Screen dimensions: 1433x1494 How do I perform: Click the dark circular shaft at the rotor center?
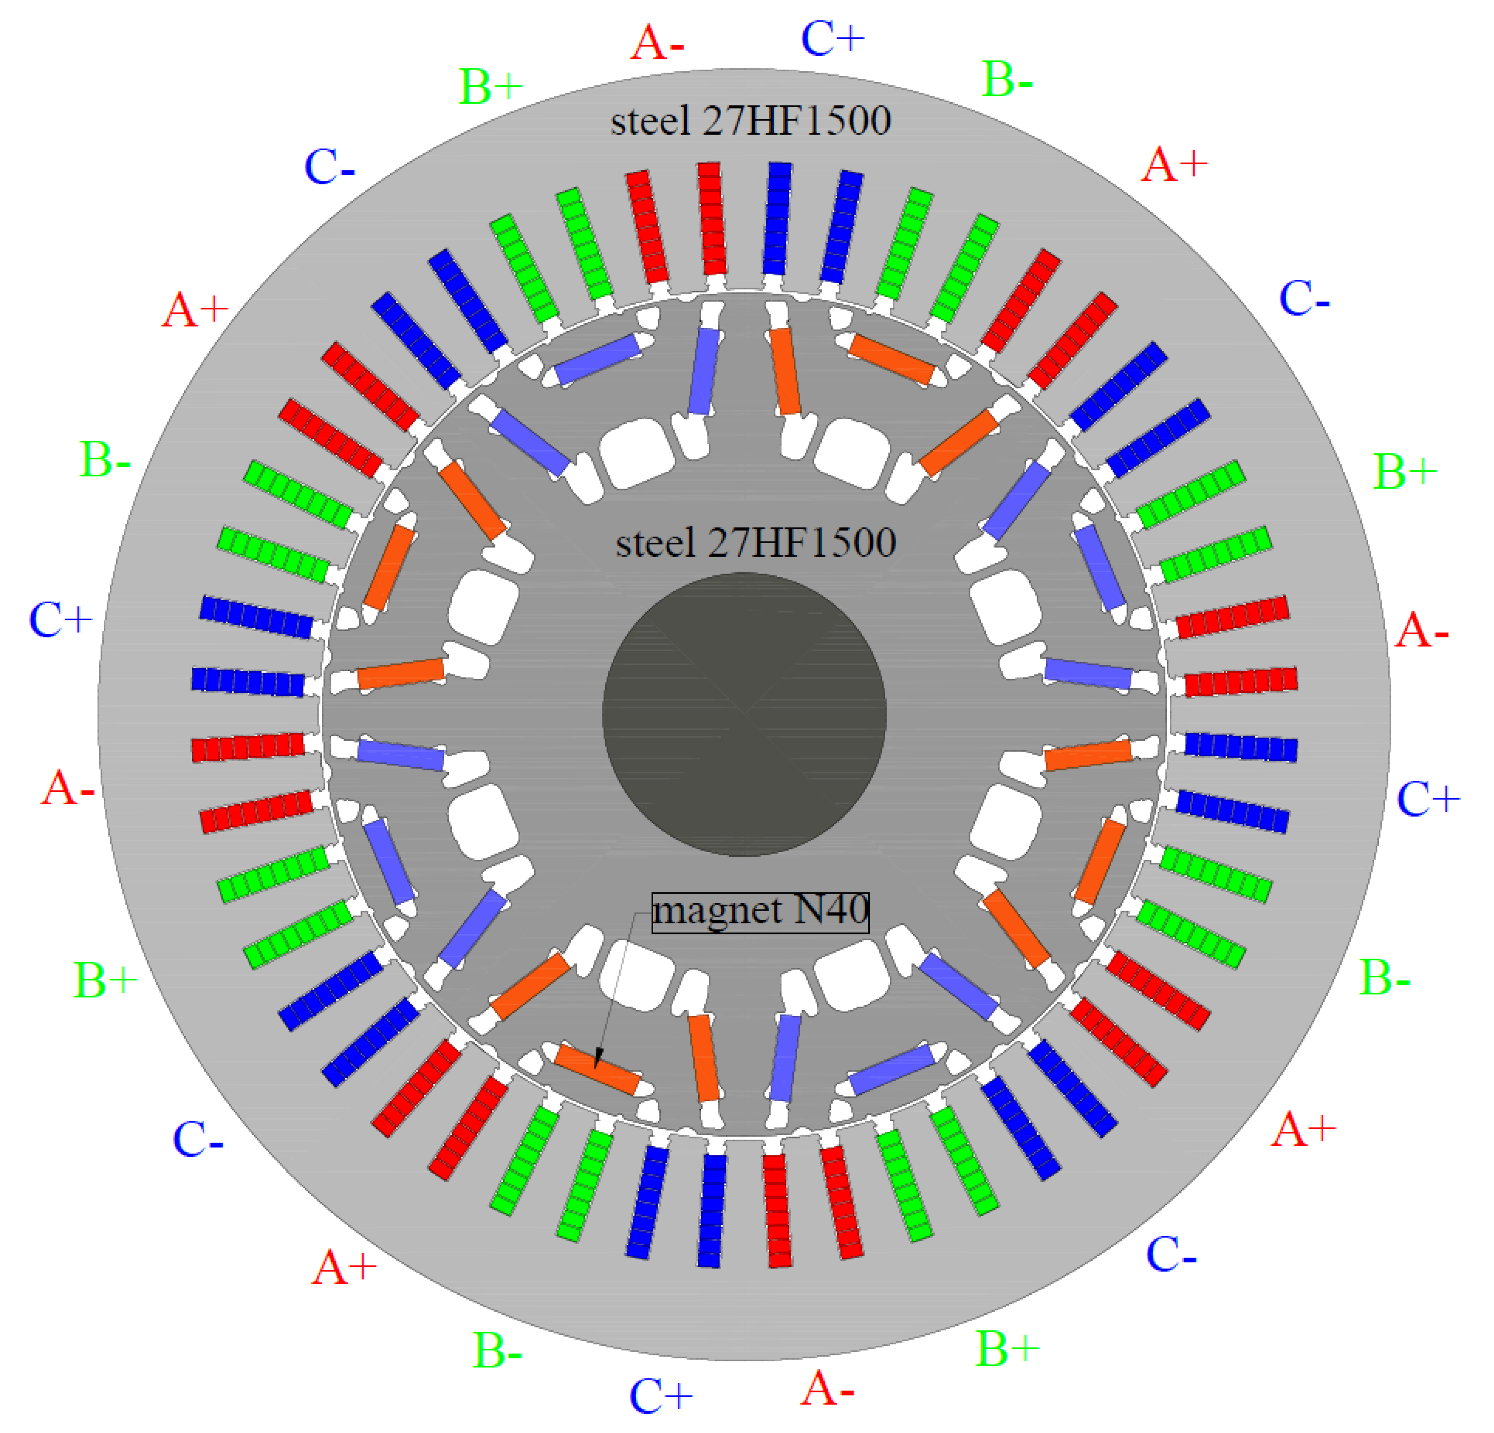(x=744, y=715)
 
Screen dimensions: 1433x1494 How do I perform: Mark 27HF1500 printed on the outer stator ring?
(x=797, y=121)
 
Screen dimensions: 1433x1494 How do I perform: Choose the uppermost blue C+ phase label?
(x=832, y=38)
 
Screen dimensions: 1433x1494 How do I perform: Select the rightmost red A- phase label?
(x=1421, y=632)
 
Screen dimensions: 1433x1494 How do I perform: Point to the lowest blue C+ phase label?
(x=660, y=1396)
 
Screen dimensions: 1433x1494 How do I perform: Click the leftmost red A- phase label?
(x=67, y=788)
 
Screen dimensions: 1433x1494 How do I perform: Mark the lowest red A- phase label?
(x=826, y=1389)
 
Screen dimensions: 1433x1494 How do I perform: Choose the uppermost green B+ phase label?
(x=490, y=87)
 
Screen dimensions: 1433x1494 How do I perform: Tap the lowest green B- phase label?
(x=497, y=1351)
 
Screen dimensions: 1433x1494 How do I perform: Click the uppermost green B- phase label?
(x=1007, y=79)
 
